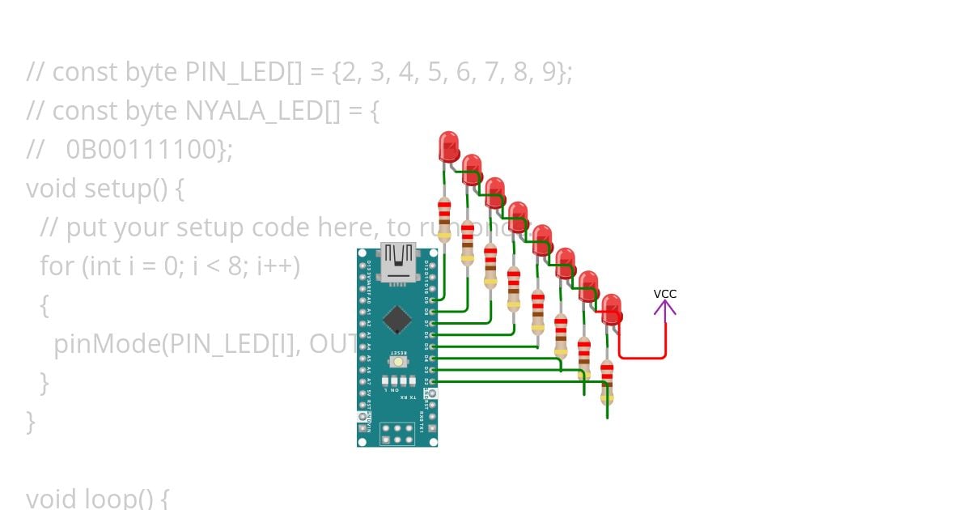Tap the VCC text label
pyautogui.click(x=665, y=294)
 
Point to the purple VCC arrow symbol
pyautogui.click(x=665, y=308)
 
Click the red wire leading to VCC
pyautogui.click(x=642, y=357)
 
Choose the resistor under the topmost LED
pyautogui.click(x=444, y=219)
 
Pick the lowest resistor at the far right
pyautogui.click(x=607, y=380)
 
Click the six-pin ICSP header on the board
pyautogui.click(x=398, y=432)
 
